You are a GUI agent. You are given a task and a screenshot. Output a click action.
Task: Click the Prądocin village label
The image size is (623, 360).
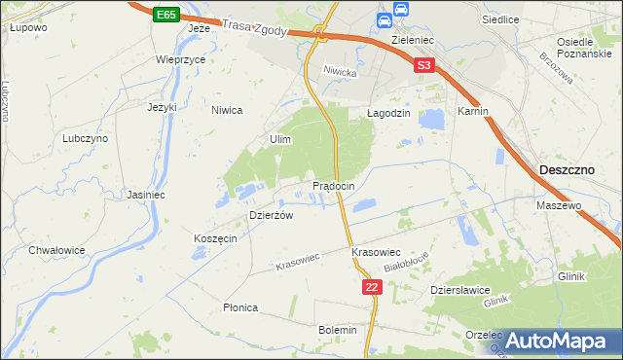[339, 185]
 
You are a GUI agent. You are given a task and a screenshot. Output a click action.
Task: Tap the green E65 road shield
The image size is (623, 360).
[165, 16]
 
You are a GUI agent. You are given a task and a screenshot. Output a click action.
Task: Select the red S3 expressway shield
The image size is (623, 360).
[422, 66]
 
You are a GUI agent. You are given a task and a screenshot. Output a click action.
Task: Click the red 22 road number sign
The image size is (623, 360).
[371, 287]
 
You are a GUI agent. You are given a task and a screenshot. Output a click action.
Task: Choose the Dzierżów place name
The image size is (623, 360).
[272, 216]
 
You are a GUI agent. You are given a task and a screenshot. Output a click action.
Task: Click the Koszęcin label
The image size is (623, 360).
[215, 239]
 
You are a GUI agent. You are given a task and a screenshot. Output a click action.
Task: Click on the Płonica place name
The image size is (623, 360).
[239, 307]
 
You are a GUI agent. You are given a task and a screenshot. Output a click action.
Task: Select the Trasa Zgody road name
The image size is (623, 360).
[254, 30]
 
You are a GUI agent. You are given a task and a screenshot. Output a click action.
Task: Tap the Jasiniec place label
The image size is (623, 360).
[144, 195]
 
